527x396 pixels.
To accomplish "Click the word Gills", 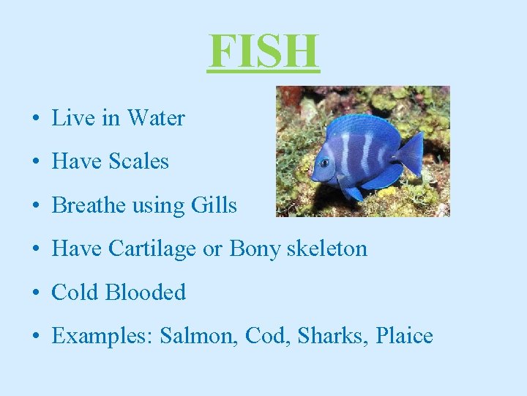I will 214,205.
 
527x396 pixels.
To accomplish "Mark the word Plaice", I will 404,337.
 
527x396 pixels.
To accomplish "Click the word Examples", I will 101,337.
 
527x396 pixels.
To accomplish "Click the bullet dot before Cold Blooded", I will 35,293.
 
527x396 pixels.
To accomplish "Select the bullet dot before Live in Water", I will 35,119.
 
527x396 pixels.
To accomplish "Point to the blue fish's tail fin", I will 410,153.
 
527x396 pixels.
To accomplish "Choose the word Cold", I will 75,293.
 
